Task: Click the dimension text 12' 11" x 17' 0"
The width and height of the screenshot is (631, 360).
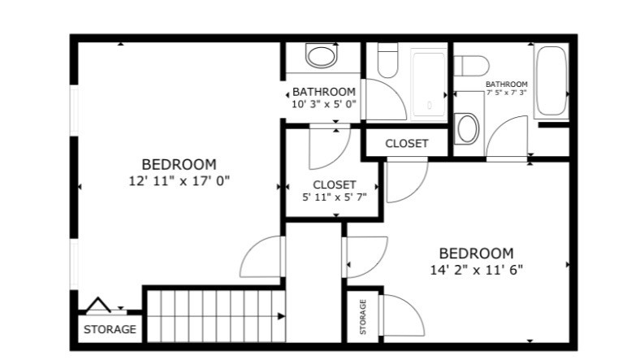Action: [179, 180]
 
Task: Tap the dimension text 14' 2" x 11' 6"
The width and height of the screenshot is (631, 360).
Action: [477, 270]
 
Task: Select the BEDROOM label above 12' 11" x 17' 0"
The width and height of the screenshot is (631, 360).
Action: [179, 164]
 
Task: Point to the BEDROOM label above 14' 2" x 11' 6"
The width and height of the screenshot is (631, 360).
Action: [477, 254]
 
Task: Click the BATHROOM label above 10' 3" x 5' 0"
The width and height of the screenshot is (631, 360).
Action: [324, 92]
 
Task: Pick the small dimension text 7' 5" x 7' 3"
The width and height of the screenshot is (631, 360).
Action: [507, 92]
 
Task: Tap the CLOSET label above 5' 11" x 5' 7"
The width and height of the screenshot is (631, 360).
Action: [335, 184]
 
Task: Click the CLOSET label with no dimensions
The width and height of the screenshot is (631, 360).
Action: [406, 143]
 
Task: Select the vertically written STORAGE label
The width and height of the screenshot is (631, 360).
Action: [363, 317]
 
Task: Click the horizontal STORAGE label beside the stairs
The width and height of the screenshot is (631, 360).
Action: [110, 329]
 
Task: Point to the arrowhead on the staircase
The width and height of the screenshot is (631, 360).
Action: [281, 316]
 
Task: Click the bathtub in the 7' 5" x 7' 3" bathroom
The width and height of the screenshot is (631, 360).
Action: [551, 81]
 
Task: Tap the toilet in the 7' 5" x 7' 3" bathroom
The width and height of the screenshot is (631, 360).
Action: [471, 66]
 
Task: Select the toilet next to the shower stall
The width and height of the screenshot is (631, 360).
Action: [387, 60]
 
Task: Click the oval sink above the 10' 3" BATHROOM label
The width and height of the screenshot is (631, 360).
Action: [321, 56]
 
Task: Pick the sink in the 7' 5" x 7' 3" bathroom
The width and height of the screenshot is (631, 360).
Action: [467, 128]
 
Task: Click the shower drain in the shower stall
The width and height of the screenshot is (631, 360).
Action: [430, 106]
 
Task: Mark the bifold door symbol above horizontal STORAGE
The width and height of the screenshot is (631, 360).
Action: [97, 306]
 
